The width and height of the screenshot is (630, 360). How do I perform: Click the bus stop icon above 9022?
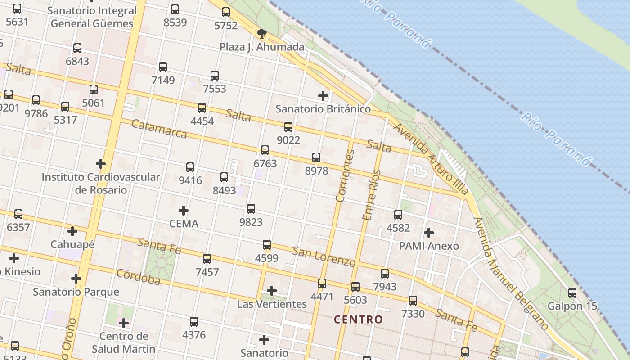pos(288,127)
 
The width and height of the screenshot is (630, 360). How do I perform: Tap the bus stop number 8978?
pos(316,171)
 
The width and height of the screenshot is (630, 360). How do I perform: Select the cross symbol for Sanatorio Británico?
pos(323,95)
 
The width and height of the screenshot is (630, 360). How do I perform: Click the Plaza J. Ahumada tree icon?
pos(261,33)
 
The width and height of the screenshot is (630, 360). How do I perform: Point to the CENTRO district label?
pos(359,319)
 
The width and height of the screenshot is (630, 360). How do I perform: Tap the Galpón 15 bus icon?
pos(572,293)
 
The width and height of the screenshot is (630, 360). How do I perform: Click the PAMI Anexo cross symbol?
pos(429,233)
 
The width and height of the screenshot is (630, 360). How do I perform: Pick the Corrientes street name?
pos(345,175)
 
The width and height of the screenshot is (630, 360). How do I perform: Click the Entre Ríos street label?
pos(372,195)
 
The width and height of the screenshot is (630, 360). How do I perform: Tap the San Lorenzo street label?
pos(324,256)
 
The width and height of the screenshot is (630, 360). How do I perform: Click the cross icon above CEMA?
pos(183,210)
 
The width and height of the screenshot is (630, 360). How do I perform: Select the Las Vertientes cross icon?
pos(271,291)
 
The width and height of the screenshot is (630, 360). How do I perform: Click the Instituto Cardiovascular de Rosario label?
pos(101,183)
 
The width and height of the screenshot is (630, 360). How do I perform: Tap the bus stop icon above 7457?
pos(207,259)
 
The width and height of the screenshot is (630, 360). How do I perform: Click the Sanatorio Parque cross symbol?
pos(76,278)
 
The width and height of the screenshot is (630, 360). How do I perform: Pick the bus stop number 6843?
pos(77,61)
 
